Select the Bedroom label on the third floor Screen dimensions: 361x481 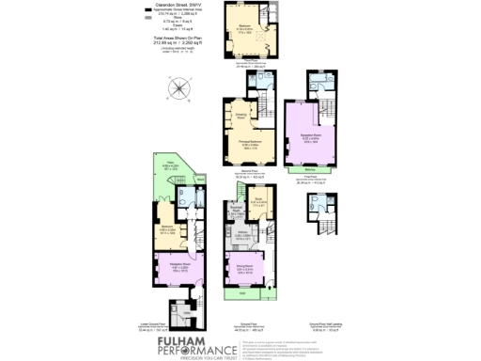pyautogui.click(x=247, y=26)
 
